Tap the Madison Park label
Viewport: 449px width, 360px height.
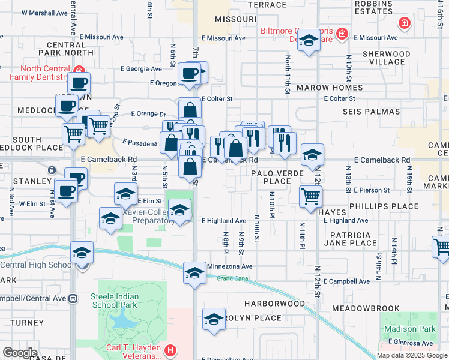coord(411,329)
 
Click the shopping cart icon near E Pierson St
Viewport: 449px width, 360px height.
coord(311,196)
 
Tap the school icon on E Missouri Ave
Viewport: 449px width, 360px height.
coord(309,40)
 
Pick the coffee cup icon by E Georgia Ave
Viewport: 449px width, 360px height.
coord(190,74)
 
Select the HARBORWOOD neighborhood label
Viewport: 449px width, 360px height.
coord(274,303)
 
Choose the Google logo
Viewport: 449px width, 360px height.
coord(20,353)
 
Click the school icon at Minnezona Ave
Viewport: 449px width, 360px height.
coord(194,272)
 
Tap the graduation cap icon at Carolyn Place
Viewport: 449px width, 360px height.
coord(214,319)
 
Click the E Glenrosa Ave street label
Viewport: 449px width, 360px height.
coord(411,343)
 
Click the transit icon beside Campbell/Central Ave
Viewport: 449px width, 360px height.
coord(73,298)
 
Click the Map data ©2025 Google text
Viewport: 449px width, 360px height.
coord(412,355)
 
